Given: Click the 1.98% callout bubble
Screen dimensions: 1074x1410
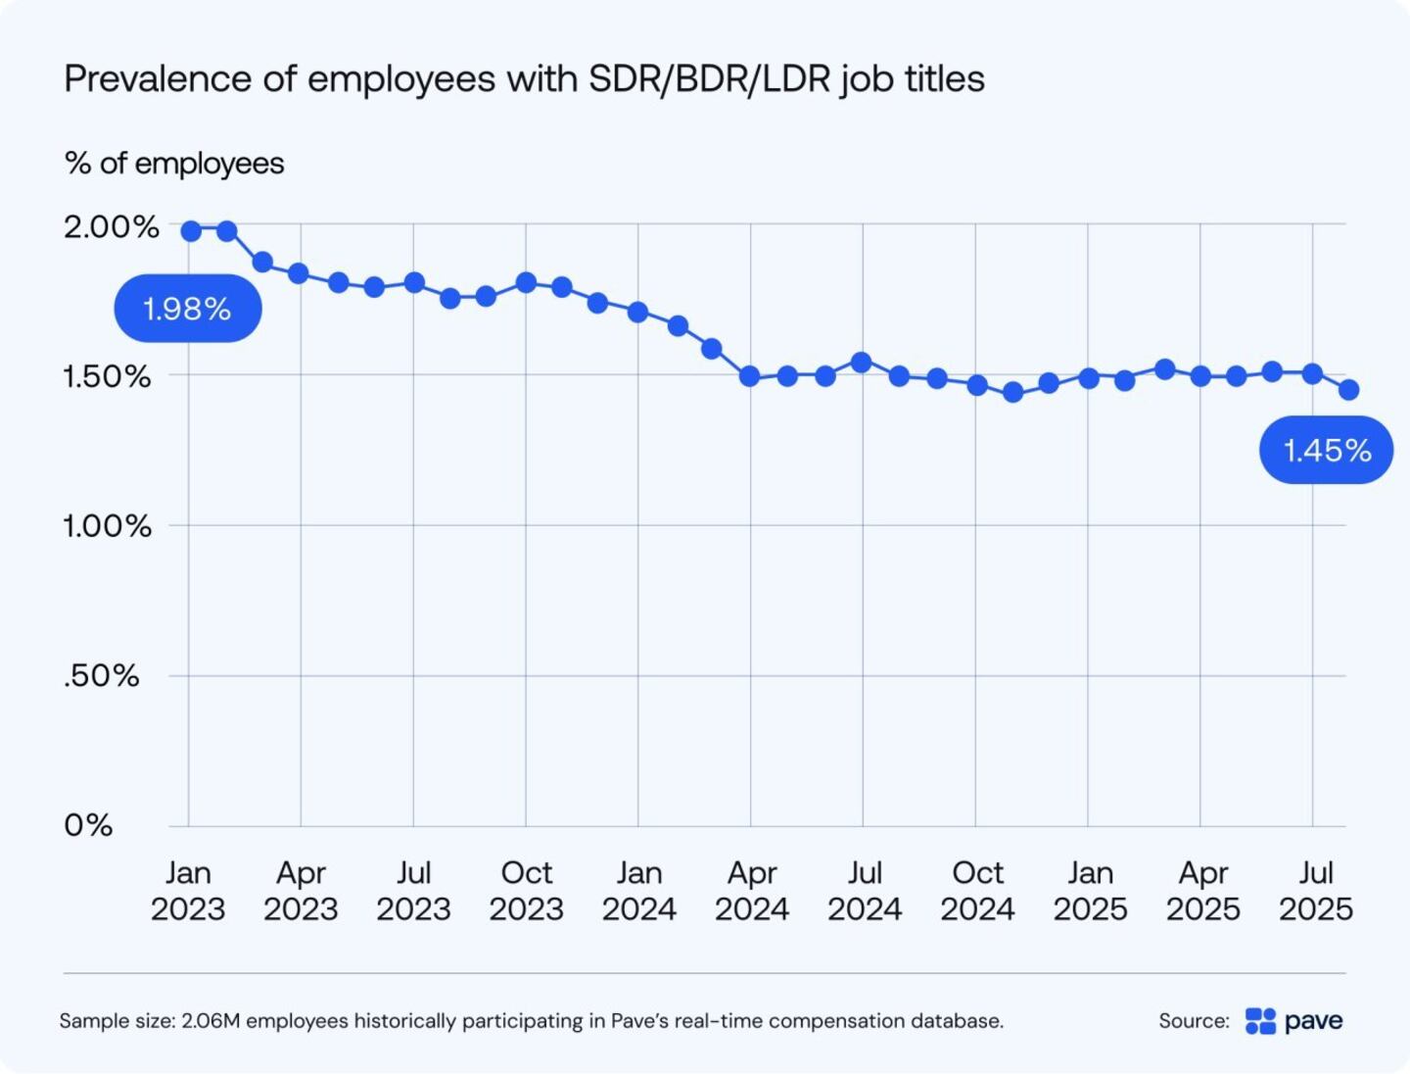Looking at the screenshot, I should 187,309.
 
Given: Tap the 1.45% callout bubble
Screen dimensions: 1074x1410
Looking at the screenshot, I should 1326,450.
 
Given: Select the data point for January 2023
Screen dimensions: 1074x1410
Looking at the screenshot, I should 191,231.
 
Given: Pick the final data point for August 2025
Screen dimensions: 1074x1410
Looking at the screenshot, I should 1348,390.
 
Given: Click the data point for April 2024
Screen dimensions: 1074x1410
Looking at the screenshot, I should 750,376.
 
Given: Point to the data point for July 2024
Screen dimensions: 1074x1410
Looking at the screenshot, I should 862,363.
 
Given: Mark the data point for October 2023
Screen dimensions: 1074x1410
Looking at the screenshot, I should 526,283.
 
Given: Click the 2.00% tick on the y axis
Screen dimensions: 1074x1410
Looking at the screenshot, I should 111,227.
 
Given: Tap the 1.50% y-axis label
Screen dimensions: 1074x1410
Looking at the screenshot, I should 107,376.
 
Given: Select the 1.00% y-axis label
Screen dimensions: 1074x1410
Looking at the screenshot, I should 107,526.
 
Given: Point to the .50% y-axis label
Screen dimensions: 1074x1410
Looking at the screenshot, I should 101,676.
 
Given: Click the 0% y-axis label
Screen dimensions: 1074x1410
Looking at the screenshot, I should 88,825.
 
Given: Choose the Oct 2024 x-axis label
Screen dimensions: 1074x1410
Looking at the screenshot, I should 977,891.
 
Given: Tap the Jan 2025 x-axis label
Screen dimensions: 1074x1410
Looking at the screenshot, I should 1090,891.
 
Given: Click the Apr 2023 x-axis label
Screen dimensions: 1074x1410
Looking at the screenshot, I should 301,891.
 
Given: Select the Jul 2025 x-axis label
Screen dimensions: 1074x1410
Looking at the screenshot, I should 1315,891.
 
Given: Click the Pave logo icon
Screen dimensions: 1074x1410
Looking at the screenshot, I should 1260,1021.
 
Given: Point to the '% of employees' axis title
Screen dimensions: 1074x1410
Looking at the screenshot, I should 174,163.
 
